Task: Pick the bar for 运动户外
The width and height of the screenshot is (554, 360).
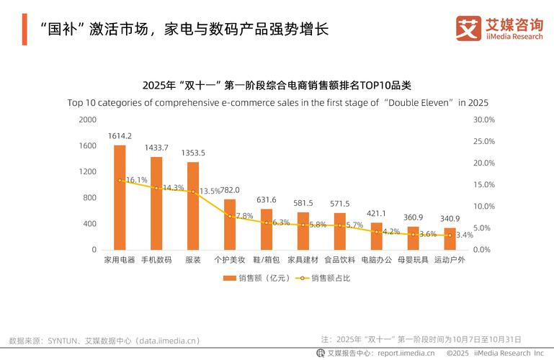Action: click(x=450, y=240)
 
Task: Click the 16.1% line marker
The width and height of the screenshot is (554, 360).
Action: click(x=120, y=180)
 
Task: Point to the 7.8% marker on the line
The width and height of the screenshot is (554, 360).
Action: click(x=230, y=216)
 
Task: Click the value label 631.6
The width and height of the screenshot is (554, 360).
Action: click(x=266, y=199)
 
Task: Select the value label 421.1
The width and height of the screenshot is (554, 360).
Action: click(x=376, y=213)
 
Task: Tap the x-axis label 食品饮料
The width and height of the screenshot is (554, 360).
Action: click(x=339, y=260)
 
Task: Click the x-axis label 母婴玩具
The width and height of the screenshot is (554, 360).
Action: click(x=413, y=260)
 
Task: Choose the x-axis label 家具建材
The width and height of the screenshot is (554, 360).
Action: click(x=303, y=260)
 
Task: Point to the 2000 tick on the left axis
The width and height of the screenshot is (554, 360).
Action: click(x=87, y=120)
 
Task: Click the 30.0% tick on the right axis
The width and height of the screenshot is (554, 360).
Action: click(x=483, y=120)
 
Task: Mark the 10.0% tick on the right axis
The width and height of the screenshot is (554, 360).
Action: click(x=483, y=207)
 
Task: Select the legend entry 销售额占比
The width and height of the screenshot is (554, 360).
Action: click(x=329, y=278)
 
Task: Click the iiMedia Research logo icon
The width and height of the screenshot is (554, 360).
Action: click(x=468, y=28)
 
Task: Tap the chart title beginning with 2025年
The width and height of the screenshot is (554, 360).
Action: click(x=277, y=85)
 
